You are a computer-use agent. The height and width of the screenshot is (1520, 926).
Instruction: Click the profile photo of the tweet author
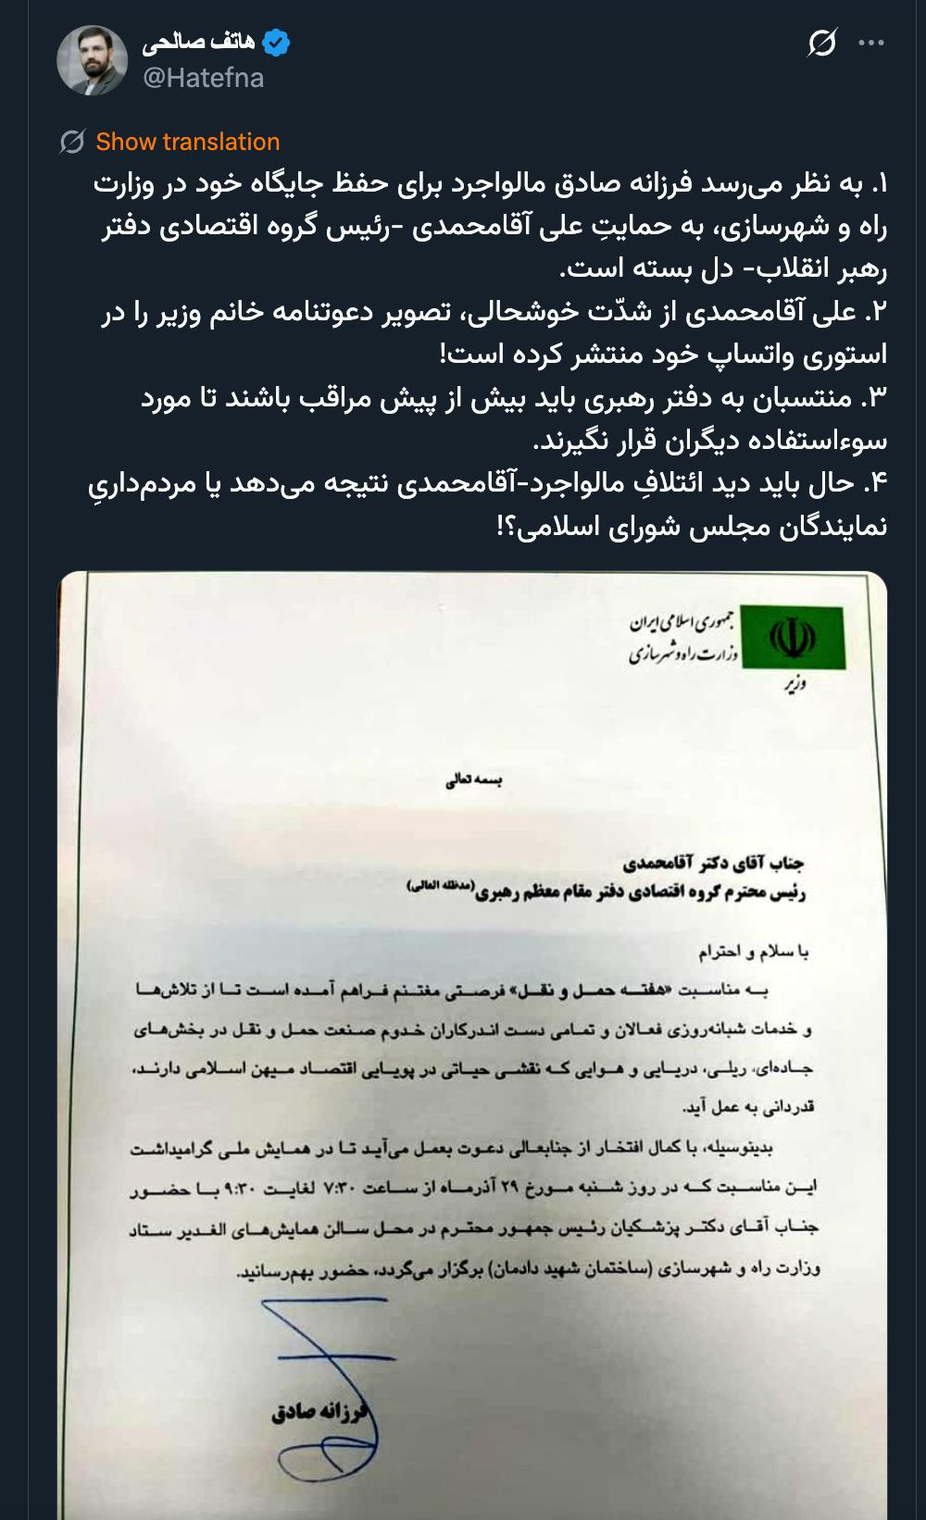[93, 60]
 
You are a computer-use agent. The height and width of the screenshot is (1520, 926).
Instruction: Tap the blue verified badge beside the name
[277, 43]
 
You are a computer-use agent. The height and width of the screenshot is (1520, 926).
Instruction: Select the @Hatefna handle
[203, 78]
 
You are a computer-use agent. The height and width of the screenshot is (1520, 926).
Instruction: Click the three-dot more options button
[871, 43]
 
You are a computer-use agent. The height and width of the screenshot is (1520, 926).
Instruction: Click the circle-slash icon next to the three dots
[821, 43]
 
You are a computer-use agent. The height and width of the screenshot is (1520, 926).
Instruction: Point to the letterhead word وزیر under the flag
[794, 685]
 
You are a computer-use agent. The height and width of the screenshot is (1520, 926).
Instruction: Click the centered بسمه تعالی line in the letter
[474, 780]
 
